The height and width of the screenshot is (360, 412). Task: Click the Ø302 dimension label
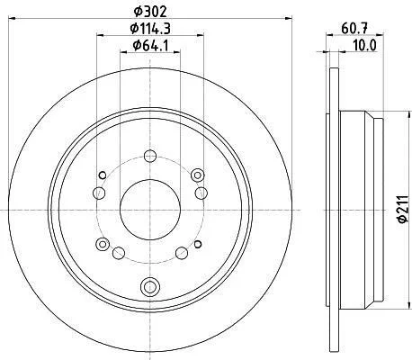click(x=149, y=12)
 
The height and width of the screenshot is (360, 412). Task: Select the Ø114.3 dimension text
click(x=150, y=29)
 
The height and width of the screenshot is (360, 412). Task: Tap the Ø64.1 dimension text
click(x=150, y=46)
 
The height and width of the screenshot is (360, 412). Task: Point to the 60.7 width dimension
click(x=354, y=29)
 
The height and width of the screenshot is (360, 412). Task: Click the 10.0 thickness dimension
click(x=364, y=46)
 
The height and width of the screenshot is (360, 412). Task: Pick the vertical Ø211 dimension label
click(x=403, y=209)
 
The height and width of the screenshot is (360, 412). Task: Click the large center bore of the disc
click(x=150, y=210)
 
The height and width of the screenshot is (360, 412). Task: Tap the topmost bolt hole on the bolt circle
click(x=150, y=156)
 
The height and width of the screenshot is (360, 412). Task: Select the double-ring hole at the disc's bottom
click(x=150, y=286)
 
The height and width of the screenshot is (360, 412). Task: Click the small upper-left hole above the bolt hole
click(x=103, y=175)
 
